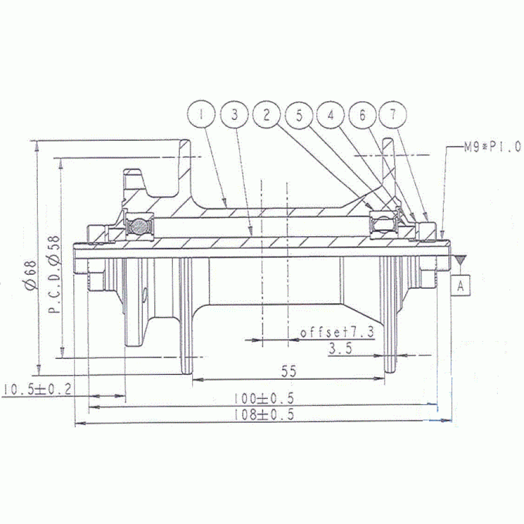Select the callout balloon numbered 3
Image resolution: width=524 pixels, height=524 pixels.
click(x=235, y=115)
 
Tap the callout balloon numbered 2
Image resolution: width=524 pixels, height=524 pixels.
click(x=267, y=115)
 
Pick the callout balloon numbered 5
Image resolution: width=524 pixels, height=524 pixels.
click(x=299, y=115)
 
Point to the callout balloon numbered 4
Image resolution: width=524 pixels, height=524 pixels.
click(x=331, y=115)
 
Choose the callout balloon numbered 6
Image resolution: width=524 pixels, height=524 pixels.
click(x=362, y=115)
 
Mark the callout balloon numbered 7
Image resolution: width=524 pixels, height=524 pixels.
click(x=394, y=115)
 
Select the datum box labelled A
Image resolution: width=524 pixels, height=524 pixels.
click(x=461, y=286)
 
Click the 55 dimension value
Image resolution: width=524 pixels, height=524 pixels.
click(x=289, y=371)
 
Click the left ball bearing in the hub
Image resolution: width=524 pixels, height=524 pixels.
click(x=140, y=227)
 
